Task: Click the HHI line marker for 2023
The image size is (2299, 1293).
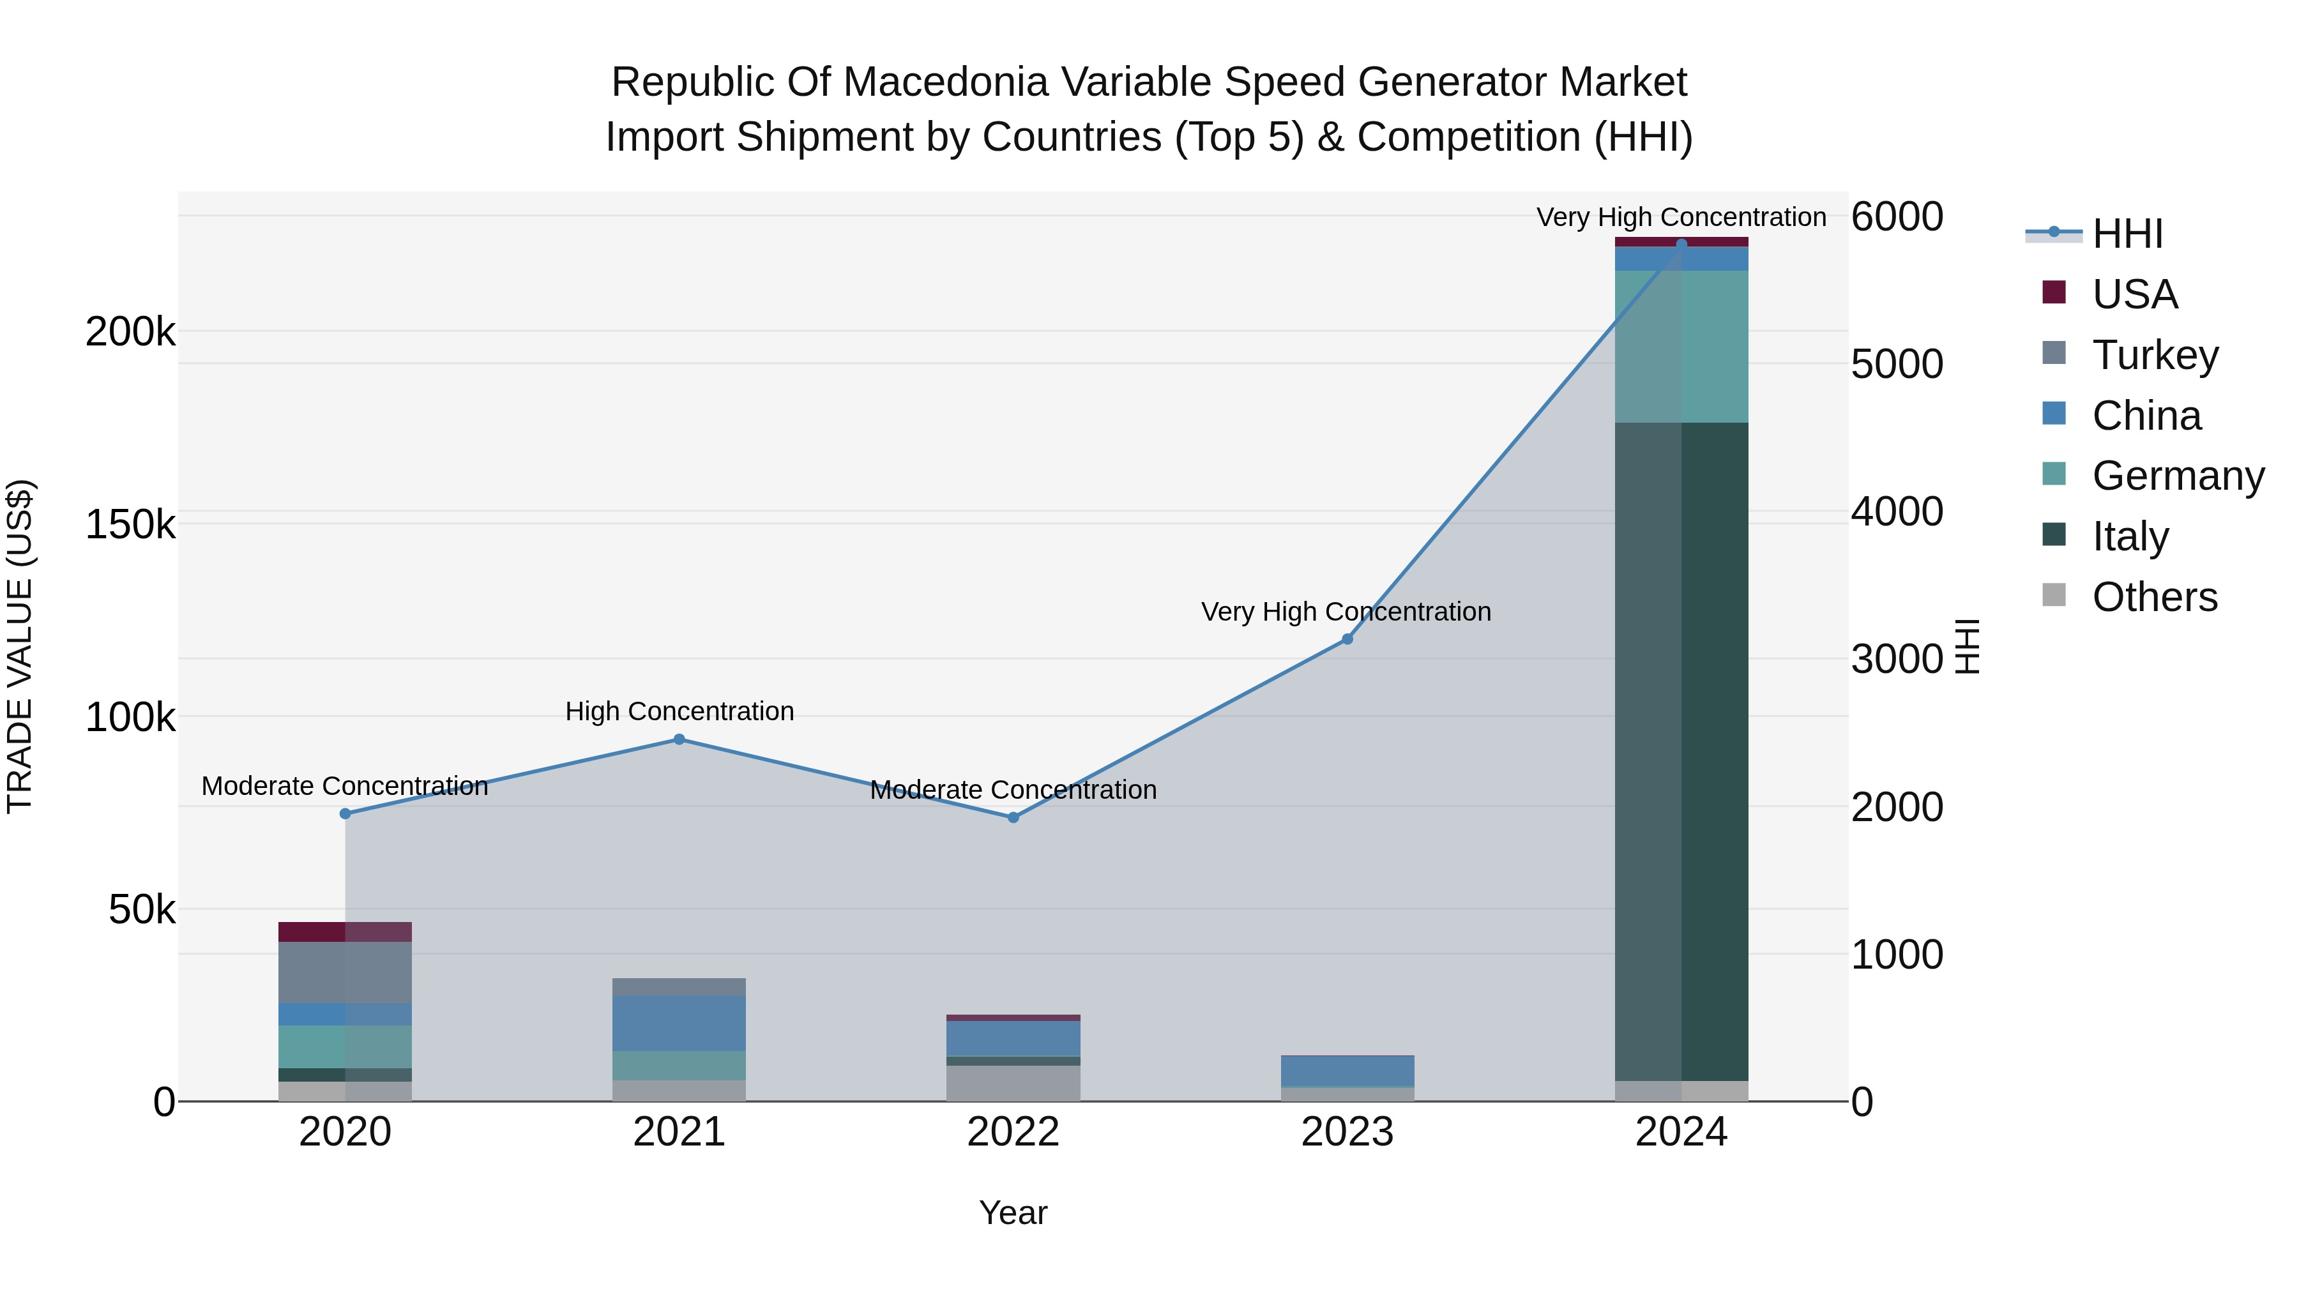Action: (1347, 639)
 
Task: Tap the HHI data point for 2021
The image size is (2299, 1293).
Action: (679, 739)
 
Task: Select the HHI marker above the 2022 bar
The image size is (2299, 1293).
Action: (1013, 817)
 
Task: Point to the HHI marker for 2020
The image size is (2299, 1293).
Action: (345, 813)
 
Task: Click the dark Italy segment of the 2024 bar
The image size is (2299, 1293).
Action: (1681, 750)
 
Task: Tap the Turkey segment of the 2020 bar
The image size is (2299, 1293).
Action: (345, 972)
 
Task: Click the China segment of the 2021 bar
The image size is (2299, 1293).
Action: (679, 1023)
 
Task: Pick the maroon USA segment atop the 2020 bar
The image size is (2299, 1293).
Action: (345, 932)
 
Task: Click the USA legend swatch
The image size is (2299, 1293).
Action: (2054, 292)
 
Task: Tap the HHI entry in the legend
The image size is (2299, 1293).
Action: (2127, 234)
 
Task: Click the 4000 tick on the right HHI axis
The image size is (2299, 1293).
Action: (1897, 511)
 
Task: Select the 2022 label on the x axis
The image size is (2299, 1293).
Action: (1013, 1131)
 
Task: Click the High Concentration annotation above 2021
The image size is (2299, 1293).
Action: (679, 711)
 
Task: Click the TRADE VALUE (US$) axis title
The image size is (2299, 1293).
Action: (20, 646)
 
